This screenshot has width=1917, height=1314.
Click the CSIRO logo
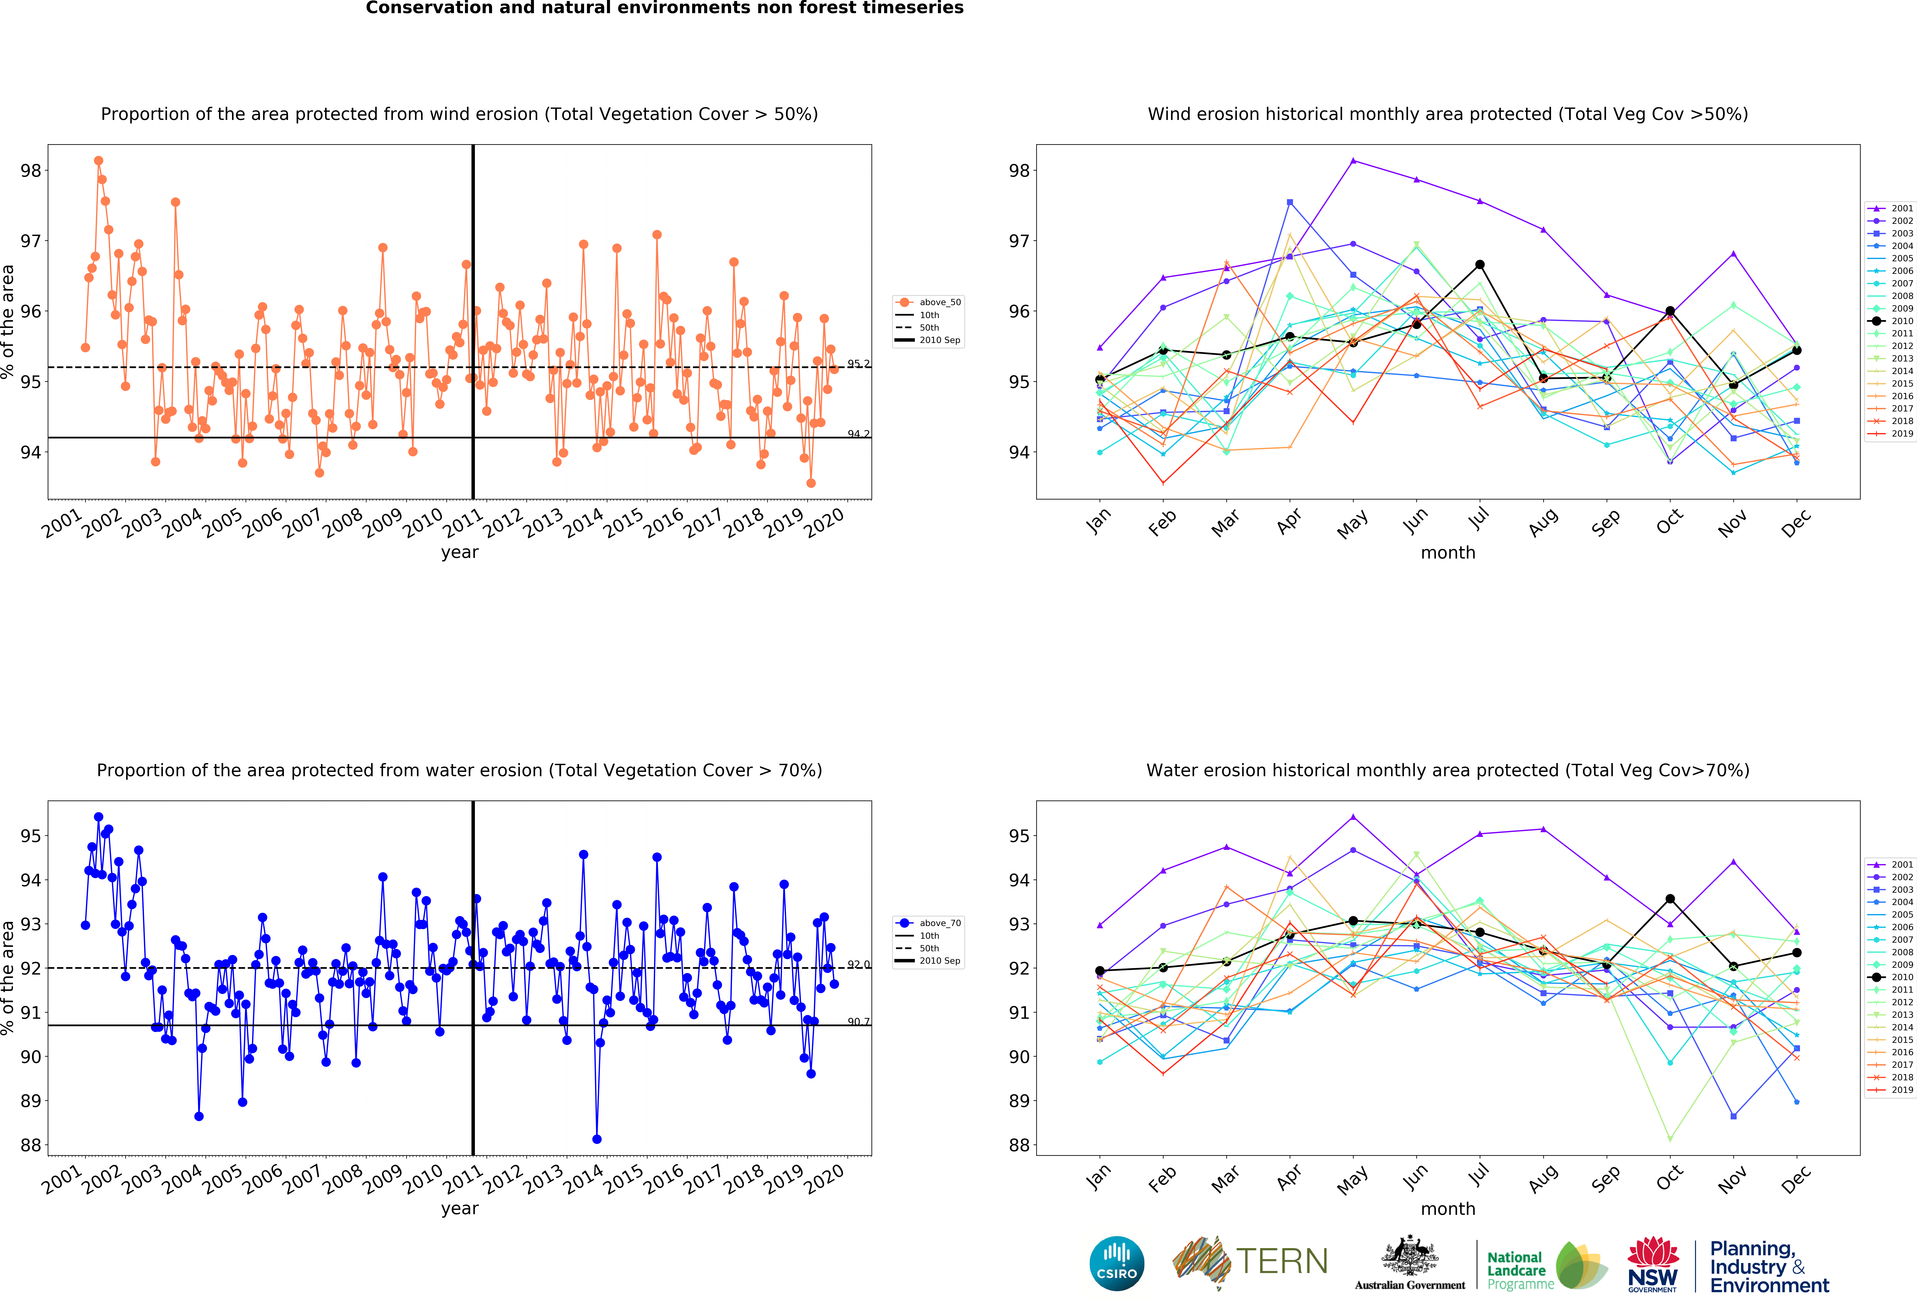click(x=1117, y=1263)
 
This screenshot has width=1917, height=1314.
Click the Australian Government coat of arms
click(x=1410, y=1255)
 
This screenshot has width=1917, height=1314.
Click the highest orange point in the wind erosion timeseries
click(x=98, y=161)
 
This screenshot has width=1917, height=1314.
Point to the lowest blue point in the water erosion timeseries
click(x=596, y=1139)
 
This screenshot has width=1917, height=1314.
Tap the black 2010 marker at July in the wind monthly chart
click(x=1480, y=265)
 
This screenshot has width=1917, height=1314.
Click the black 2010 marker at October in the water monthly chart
click(x=1670, y=898)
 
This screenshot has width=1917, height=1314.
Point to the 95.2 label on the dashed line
click(x=858, y=364)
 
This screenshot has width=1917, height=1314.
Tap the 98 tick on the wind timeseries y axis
click(x=30, y=171)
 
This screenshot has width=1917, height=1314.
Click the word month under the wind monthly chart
click(x=1448, y=553)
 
